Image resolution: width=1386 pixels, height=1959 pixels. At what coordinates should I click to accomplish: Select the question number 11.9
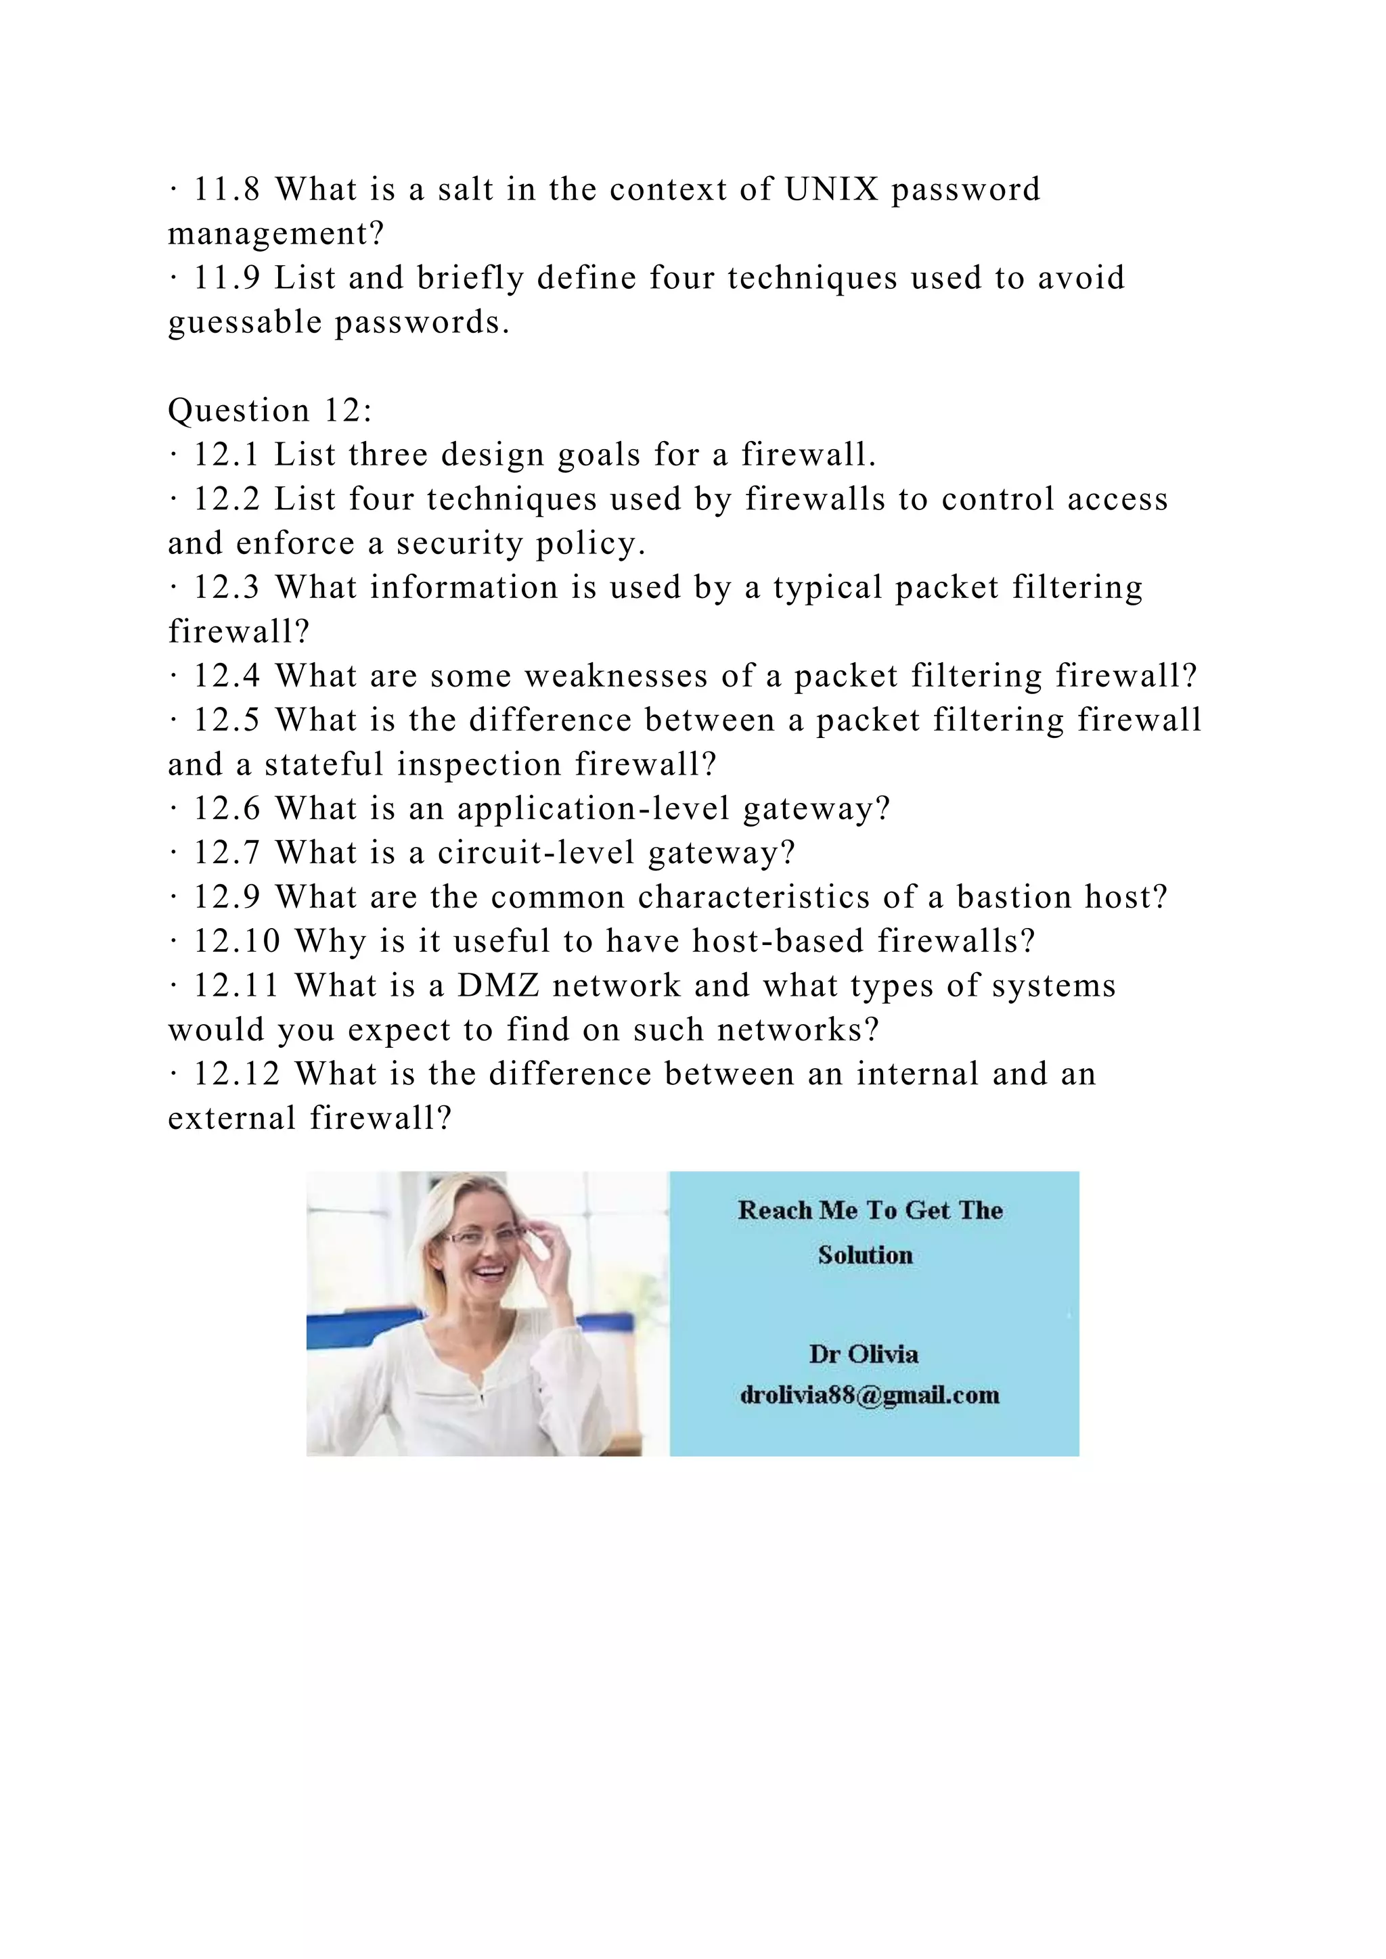tap(226, 278)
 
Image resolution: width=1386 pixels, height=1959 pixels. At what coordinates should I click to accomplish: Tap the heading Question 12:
tap(270, 411)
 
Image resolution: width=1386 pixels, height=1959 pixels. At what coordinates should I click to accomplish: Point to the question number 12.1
tap(226, 455)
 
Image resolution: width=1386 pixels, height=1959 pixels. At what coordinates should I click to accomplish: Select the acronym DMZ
tap(498, 986)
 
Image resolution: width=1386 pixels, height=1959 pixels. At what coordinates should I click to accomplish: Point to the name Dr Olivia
tap(864, 1354)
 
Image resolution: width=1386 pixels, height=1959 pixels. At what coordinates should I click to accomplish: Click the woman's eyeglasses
tap(483, 1237)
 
